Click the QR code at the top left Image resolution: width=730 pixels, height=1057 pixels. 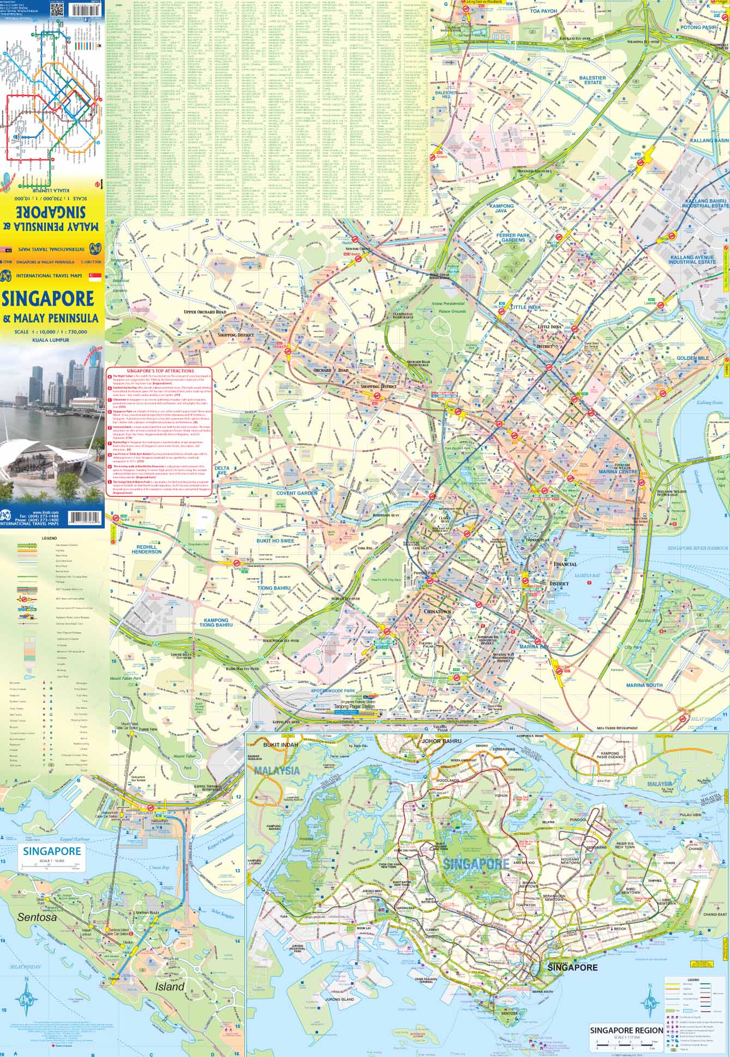tap(57, 10)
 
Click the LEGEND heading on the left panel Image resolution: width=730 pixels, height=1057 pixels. tap(49, 538)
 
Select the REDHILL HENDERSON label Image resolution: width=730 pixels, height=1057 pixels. tap(147, 549)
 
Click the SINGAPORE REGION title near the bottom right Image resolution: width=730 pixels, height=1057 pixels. tap(626, 1030)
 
